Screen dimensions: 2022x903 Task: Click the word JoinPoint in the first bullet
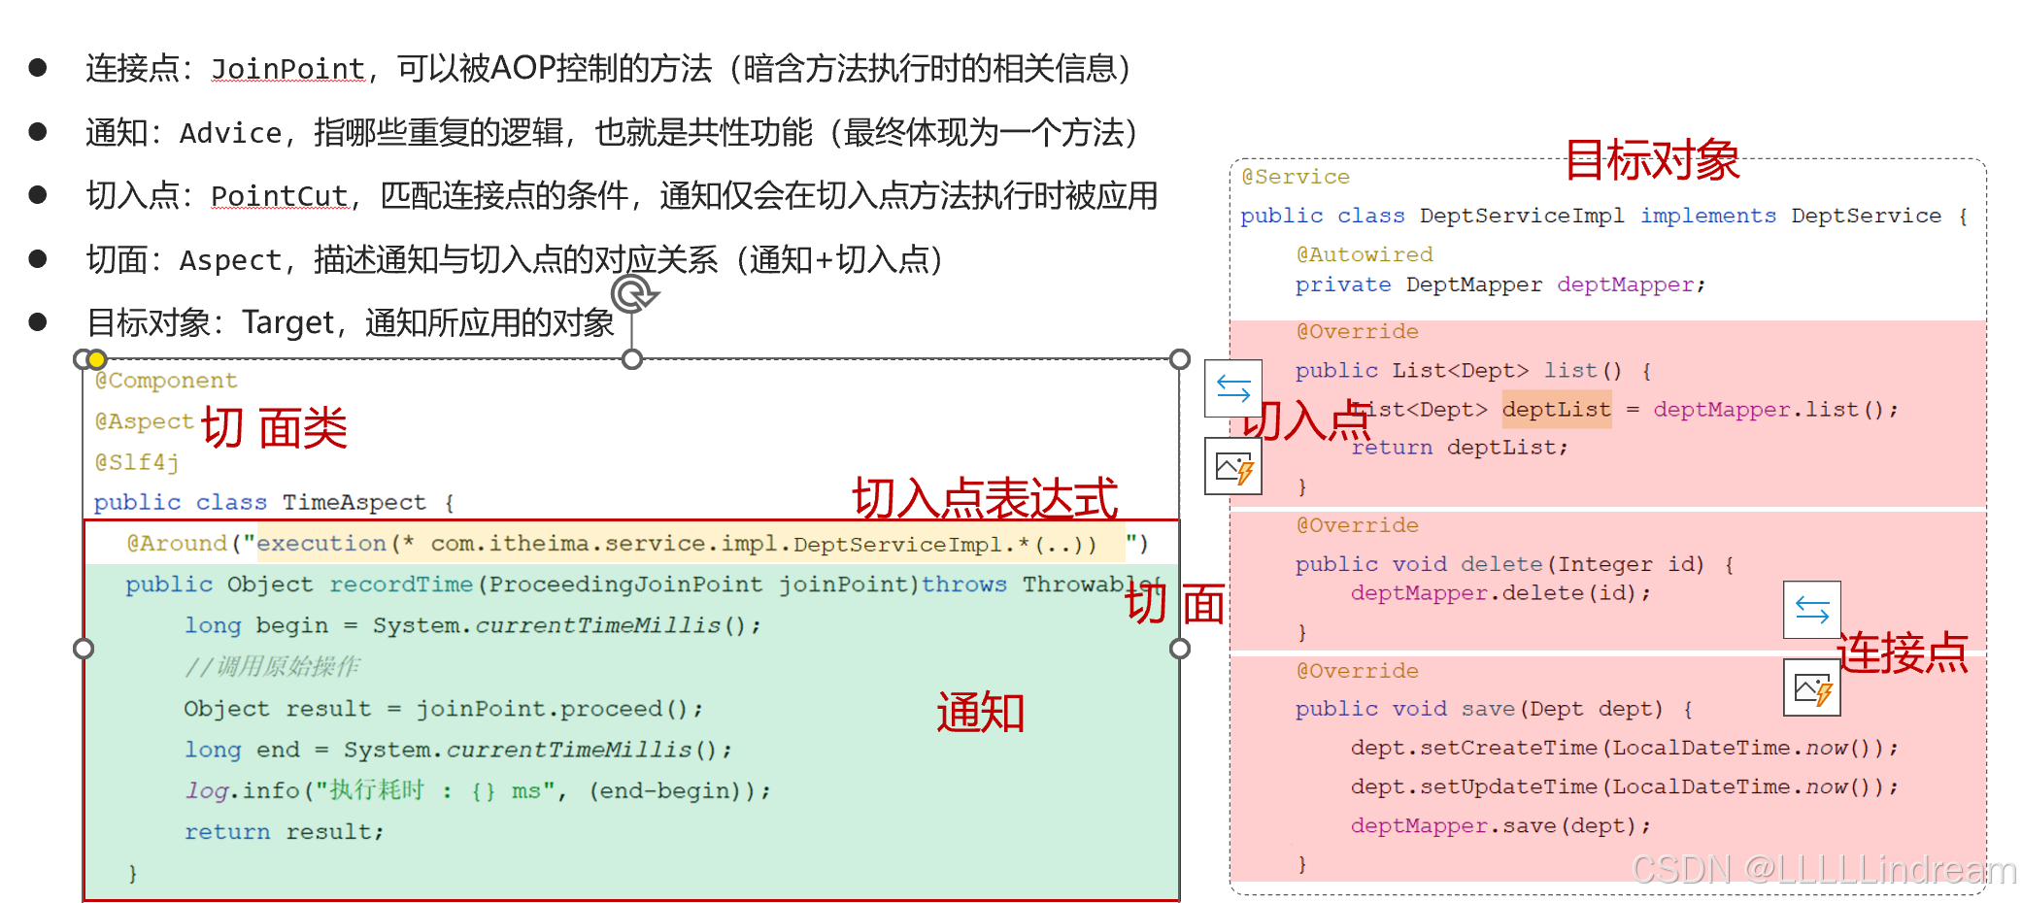[287, 69]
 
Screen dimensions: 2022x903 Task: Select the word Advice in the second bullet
[230, 133]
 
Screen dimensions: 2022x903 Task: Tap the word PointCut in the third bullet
[279, 196]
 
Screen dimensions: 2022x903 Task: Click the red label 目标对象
[1652, 160]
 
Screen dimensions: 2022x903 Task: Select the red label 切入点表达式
[985, 499]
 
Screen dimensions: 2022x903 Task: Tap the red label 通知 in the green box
[980, 713]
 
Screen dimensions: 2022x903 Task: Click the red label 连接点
[1902, 652]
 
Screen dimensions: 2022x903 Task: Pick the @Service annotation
[1296, 177]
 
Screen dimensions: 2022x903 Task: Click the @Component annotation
[166, 381]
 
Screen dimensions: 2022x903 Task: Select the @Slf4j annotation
[137, 462]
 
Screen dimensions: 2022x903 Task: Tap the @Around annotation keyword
[177, 544]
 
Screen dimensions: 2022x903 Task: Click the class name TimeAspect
[354, 502]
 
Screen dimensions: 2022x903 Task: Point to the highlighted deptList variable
[1556, 410]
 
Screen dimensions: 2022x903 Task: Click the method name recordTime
[400, 585]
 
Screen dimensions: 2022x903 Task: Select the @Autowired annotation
[1364, 254]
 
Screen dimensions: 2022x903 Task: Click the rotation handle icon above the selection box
[633, 293]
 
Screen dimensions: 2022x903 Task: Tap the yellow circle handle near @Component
[97, 360]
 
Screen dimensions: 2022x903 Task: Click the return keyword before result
[227, 832]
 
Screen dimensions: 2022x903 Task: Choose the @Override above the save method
[1357, 671]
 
